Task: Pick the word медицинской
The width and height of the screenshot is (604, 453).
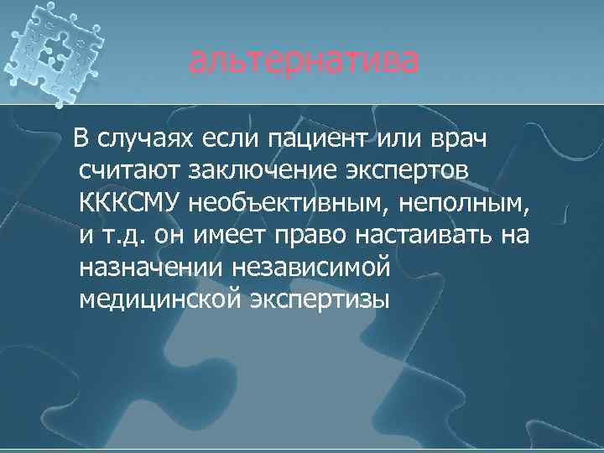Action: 159,299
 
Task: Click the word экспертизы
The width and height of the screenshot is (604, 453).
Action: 320,299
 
